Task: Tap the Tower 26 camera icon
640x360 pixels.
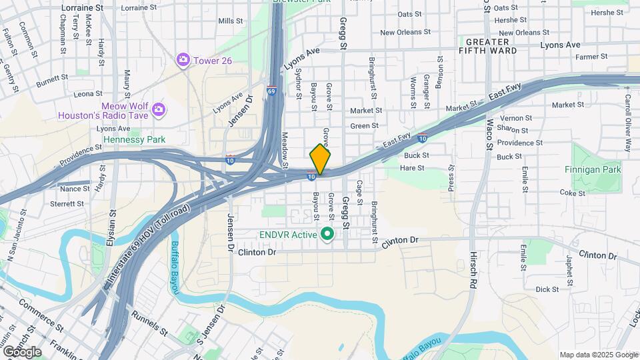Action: [x=183, y=61]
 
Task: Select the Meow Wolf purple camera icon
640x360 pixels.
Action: [x=158, y=109]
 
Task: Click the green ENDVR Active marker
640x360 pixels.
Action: [x=327, y=234]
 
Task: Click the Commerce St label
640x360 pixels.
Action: [x=41, y=307]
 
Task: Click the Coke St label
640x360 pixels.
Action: [x=572, y=193]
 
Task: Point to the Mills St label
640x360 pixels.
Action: [x=230, y=21]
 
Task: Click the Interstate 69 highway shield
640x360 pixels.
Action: [x=271, y=91]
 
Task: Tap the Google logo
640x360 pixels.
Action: [x=21, y=351]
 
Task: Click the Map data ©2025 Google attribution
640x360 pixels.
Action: [x=598, y=355]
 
